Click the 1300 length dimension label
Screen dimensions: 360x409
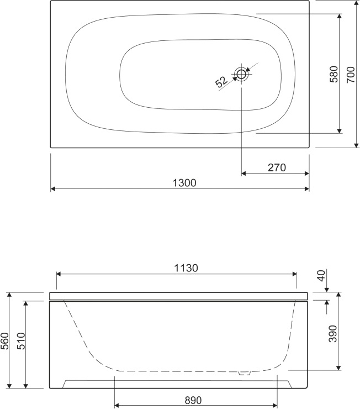(x=184, y=183)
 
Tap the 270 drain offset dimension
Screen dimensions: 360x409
(x=277, y=167)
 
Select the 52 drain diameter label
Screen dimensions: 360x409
(x=221, y=82)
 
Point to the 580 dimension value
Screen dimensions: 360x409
(x=333, y=74)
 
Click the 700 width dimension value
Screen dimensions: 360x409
(x=351, y=75)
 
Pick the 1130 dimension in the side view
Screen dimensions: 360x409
(x=186, y=268)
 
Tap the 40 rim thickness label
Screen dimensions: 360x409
(x=322, y=276)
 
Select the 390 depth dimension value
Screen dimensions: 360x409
(x=332, y=334)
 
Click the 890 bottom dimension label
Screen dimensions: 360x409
(x=193, y=400)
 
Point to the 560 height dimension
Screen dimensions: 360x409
(x=4, y=340)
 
